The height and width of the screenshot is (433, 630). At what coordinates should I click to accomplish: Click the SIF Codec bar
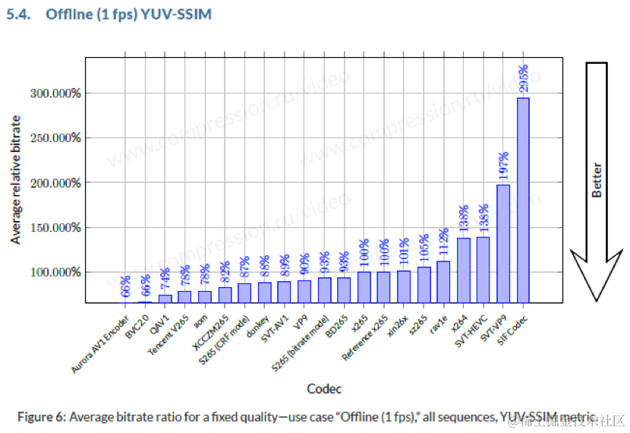[523, 200]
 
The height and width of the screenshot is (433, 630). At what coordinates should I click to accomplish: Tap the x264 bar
[464, 270]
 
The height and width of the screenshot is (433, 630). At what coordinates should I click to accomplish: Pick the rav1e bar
[443, 281]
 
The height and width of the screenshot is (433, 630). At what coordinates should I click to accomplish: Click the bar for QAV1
[165, 299]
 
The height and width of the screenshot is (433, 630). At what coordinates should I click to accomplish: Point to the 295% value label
[523, 79]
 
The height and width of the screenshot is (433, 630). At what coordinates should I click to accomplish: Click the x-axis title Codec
[324, 389]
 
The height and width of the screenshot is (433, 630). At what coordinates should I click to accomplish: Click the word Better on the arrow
[597, 181]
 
